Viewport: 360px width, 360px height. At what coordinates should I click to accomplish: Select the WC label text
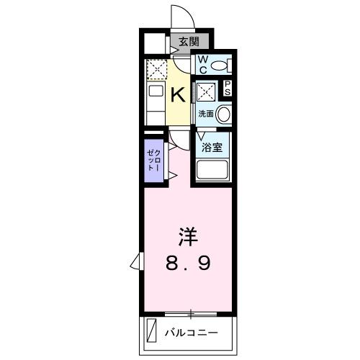pos(202,65)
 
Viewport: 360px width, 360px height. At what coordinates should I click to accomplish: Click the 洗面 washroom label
pos(206,114)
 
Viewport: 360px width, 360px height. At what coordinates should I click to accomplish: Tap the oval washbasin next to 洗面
pos(224,114)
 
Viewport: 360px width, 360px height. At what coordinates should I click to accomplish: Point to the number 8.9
pos(189,264)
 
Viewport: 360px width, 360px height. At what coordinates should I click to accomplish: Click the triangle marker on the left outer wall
pos(135,261)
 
